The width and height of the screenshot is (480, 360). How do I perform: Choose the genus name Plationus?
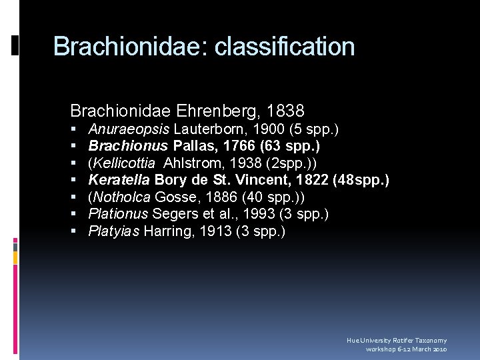[x=118, y=214]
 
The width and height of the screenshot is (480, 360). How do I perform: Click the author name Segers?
[x=173, y=214]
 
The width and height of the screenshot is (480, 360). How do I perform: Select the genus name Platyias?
[x=114, y=231]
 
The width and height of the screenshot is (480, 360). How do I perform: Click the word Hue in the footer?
[x=352, y=341]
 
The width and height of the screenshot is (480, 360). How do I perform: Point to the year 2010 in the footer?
[x=439, y=349]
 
